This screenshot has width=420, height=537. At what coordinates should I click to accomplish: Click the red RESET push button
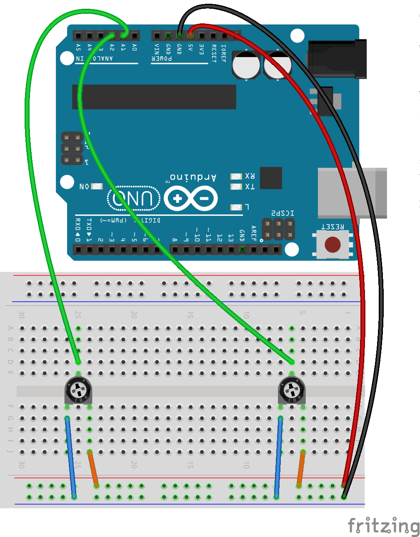point(332,245)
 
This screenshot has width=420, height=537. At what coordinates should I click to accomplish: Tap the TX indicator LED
point(236,187)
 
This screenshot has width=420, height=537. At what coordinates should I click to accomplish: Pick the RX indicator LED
point(236,176)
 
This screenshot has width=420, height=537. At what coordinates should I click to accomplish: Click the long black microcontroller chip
point(154,97)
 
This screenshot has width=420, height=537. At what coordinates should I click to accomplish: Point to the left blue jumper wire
point(70,457)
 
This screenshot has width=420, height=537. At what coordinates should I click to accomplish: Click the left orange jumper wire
point(93,468)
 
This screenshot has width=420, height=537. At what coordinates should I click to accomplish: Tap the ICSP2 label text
point(283,213)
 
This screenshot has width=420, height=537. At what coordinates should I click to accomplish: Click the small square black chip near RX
point(271,178)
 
